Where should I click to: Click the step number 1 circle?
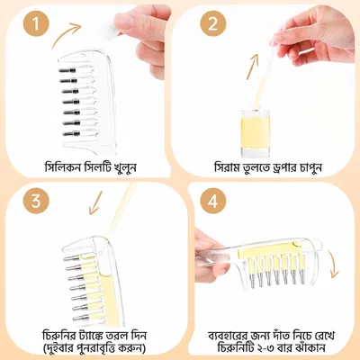[x=36, y=23]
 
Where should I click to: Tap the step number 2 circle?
[x=212, y=23]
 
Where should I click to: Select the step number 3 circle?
[x=36, y=201]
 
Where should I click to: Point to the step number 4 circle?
[x=212, y=201]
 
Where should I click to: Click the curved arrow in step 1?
[x=64, y=33]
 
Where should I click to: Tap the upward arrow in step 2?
[x=252, y=67]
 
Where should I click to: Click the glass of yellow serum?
[x=256, y=133]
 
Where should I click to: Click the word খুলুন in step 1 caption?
[x=125, y=167]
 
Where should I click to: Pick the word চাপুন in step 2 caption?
[x=311, y=167]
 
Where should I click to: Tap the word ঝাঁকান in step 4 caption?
[x=311, y=348]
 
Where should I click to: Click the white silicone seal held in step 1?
[x=114, y=30]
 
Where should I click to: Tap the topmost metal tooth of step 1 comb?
[x=67, y=70]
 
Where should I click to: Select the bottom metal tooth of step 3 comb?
[x=81, y=318]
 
